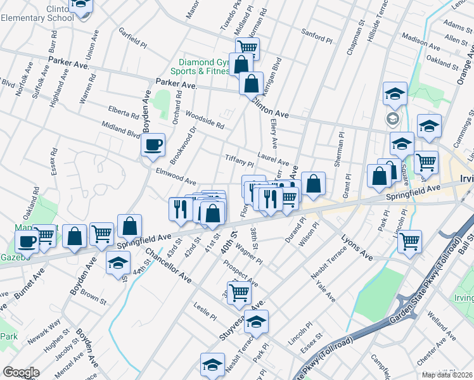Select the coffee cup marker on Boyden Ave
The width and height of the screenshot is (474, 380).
pyautogui.click(x=153, y=145)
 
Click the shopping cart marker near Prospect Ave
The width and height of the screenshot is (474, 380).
pyautogui.click(x=238, y=292)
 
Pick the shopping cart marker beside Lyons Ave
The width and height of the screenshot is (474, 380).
pyautogui.click(x=409, y=241)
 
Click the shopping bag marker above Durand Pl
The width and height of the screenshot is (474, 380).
pyautogui.click(x=313, y=184)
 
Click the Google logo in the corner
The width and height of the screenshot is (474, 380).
pyautogui.click(x=21, y=372)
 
